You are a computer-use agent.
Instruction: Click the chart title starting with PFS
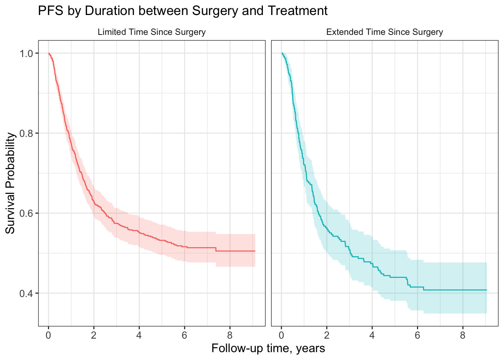[183, 10]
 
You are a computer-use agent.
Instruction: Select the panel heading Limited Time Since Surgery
[151, 32]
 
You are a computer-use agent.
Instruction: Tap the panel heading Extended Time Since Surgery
[384, 32]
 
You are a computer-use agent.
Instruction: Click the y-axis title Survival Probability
[10, 183]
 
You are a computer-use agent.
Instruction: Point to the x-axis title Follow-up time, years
[268, 348]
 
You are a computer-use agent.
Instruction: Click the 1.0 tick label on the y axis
[26, 54]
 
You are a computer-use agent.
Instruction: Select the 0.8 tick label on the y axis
[26, 133]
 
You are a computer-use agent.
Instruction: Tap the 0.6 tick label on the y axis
[26, 213]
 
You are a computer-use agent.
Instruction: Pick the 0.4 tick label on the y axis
[26, 293]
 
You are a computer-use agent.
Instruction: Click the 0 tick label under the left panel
[48, 335]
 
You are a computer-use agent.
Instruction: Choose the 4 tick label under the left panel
[139, 335]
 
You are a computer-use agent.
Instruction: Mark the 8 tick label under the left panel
[230, 335]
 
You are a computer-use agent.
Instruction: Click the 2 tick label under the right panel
[327, 335]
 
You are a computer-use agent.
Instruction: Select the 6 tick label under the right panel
[417, 335]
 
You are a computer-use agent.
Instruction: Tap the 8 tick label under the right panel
[463, 335]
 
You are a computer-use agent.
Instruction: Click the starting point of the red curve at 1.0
[49, 53]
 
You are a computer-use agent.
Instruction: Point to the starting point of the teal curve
[282, 53]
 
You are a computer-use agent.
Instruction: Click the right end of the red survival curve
[255, 251]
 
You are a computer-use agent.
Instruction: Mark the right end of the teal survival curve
[487, 290]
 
